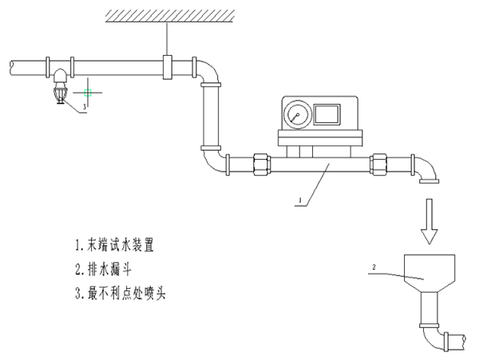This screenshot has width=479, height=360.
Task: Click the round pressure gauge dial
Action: (297, 116)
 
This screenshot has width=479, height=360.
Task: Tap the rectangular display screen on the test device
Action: (327, 114)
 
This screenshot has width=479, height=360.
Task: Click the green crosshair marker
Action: (91, 92)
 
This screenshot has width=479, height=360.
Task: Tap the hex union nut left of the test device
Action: (262, 166)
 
